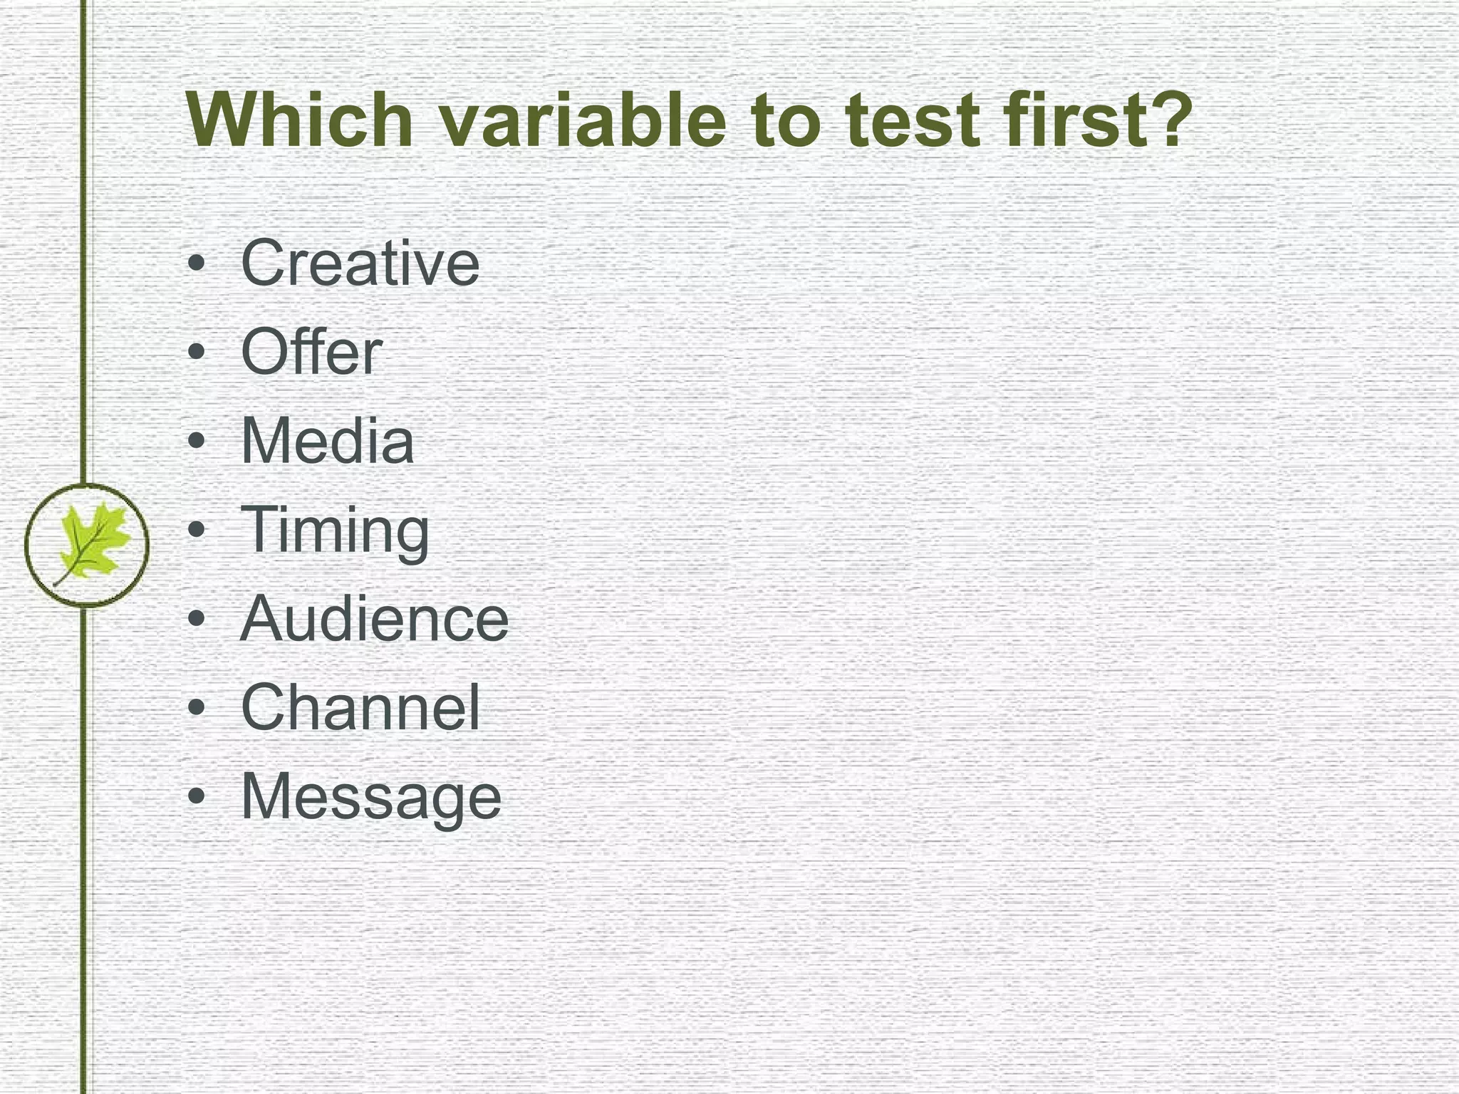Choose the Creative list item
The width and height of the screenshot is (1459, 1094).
pos(360,264)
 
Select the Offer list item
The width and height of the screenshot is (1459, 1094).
pos(311,352)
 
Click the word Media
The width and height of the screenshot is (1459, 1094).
pos(327,441)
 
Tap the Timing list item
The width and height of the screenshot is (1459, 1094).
pos(335,531)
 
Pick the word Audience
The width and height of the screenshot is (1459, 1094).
pos(374,619)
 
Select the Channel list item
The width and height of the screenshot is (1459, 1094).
pos(360,707)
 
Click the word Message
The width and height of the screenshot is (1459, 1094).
pos(370,797)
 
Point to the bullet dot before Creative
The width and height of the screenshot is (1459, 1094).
pos(197,264)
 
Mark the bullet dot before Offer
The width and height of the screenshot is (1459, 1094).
pos(197,353)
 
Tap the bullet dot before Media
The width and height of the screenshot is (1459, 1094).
pos(197,442)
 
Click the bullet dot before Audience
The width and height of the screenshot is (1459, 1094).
pos(197,619)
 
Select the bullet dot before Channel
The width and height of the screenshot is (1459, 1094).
pos(197,708)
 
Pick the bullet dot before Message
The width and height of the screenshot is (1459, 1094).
pos(197,796)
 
